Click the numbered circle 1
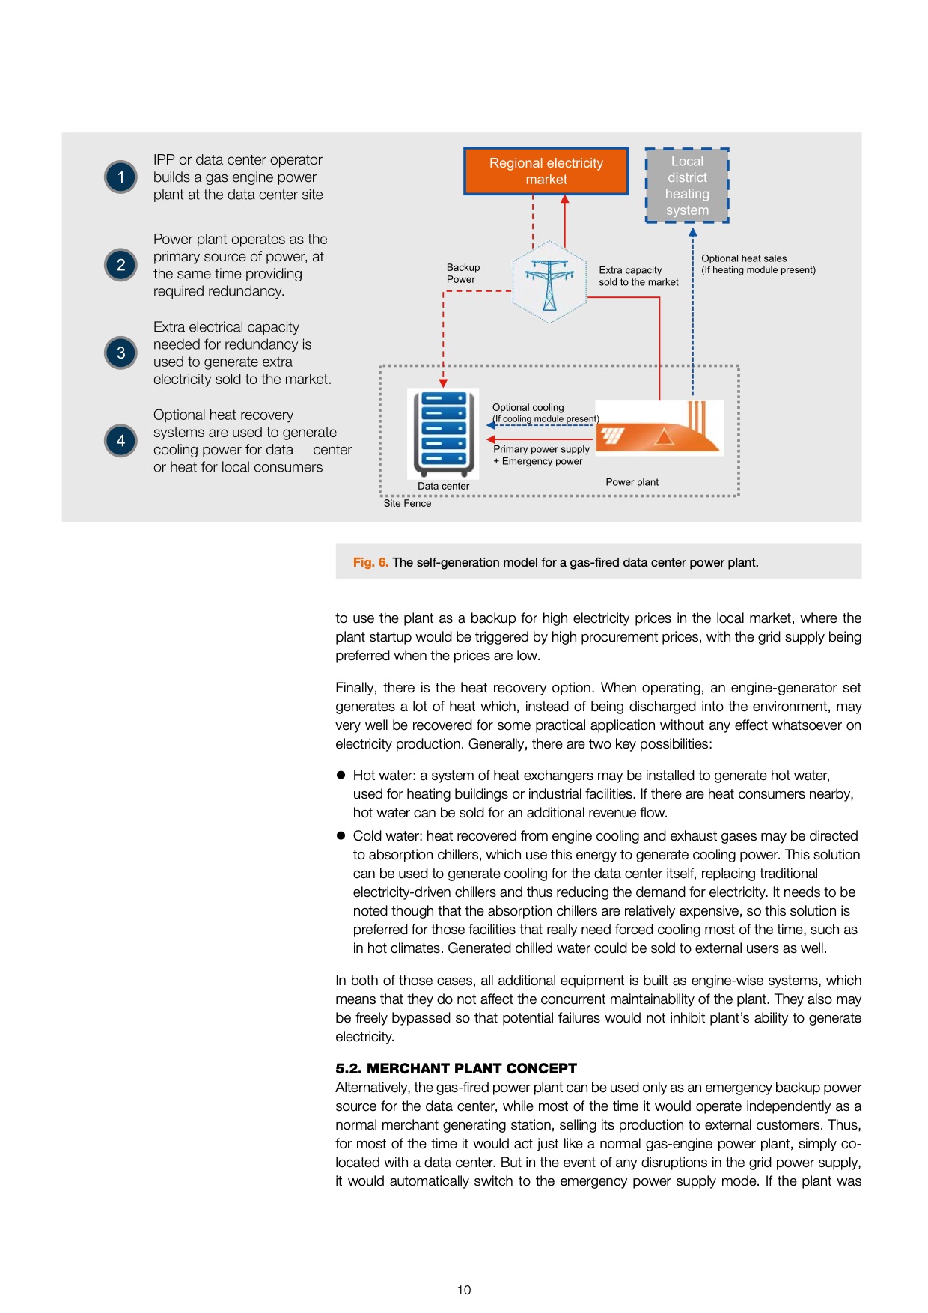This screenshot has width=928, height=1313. [x=120, y=177]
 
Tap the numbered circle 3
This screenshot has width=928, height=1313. [x=120, y=353]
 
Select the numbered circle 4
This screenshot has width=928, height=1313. [x=120, y=441]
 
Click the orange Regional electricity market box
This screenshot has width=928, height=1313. [x=546, y=171]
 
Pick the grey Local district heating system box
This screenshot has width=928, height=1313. [x=687, y=186]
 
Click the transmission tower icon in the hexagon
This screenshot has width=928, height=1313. [x=549, y=283]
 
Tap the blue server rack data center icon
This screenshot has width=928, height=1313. [x=444, y=433]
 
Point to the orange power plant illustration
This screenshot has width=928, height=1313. [x=659, y=429]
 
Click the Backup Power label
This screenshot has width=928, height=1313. [x=463, y=273]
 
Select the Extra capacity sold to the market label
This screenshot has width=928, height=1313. [x=638, y=276]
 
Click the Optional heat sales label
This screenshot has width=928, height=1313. [x=757, y=264]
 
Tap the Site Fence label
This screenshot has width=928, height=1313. [x=407, y=504]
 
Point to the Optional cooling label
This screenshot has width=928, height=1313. [x=528, y=408]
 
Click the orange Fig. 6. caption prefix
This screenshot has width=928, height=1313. [x=370, y=562]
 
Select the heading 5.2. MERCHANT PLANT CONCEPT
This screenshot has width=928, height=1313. [x=456, y=1068]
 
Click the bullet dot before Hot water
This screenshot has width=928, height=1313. [x=341, y=775]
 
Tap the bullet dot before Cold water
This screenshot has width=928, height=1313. [x=341, y=835]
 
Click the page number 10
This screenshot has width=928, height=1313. [x=464, y=1290]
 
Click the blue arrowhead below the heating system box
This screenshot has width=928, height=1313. [x=693, y=232]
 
